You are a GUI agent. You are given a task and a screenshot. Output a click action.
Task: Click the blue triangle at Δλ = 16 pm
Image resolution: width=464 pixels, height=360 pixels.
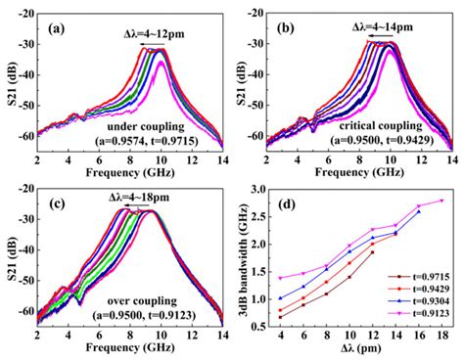pyautogui.click(x=419, y=211)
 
